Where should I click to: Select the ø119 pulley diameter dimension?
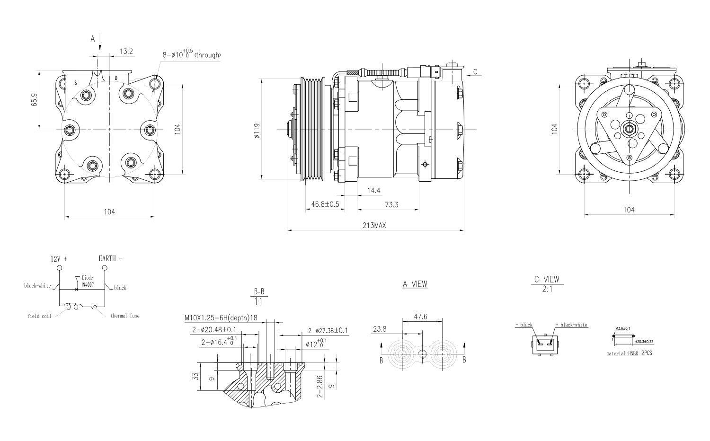tap(257, 131)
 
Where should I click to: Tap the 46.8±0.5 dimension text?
tap(325, 204)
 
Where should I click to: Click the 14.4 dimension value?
tap(373, 190)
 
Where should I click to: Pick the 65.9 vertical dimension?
tap(35, 99)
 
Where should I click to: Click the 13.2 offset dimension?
tap(126, 51)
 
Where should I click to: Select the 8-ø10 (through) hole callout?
tap(192, 54)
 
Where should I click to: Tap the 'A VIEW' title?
tap(415, 284)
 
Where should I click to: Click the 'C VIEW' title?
tap(547, 279)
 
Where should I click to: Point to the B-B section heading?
tap(258, 291)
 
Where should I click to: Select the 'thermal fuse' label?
tap(125, 316)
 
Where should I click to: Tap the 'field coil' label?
tap(39, 316)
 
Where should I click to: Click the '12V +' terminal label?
tap(59, 259)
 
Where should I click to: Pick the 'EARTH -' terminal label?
tap(110, 258)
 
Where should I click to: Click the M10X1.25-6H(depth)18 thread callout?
tap(221, 318)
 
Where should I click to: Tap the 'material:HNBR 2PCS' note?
tap(629, 353)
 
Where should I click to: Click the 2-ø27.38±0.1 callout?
tap(328, 331)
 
